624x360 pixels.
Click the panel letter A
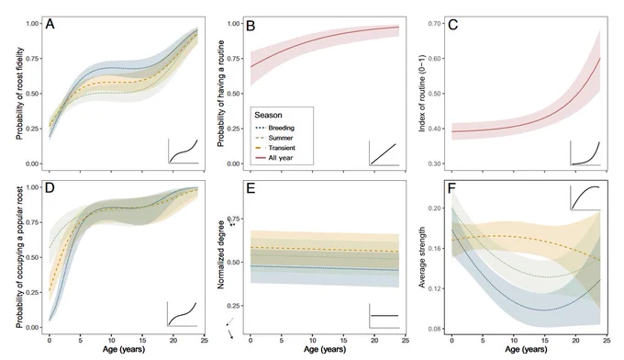tap(50, 24)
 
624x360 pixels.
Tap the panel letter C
tap(453, 25)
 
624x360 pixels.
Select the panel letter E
tap(251, 188)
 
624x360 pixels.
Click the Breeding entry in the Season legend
tap(274, 128)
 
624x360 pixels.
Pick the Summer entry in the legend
tap(273, 138)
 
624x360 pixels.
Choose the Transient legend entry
tap(275, 148)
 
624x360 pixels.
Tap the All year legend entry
tap(273, 158)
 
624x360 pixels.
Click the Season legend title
tap(268, 115)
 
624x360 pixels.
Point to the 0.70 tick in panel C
tap(434, 24)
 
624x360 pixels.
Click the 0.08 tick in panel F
tap(434, 329)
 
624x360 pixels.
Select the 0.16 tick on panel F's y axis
tap(434, 249)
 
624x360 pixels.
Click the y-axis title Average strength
tap(422, 257)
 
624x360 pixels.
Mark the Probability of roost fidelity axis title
tap(19, 94)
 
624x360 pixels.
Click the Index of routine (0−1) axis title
tap(422, 94)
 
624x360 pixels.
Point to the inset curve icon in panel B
tap(384, 153)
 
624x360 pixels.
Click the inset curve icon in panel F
tap(585, 197)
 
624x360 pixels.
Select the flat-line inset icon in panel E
tap(384, 316)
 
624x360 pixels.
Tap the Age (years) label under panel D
tap(124, 350)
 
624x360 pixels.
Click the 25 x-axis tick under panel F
tap(607, 341)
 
